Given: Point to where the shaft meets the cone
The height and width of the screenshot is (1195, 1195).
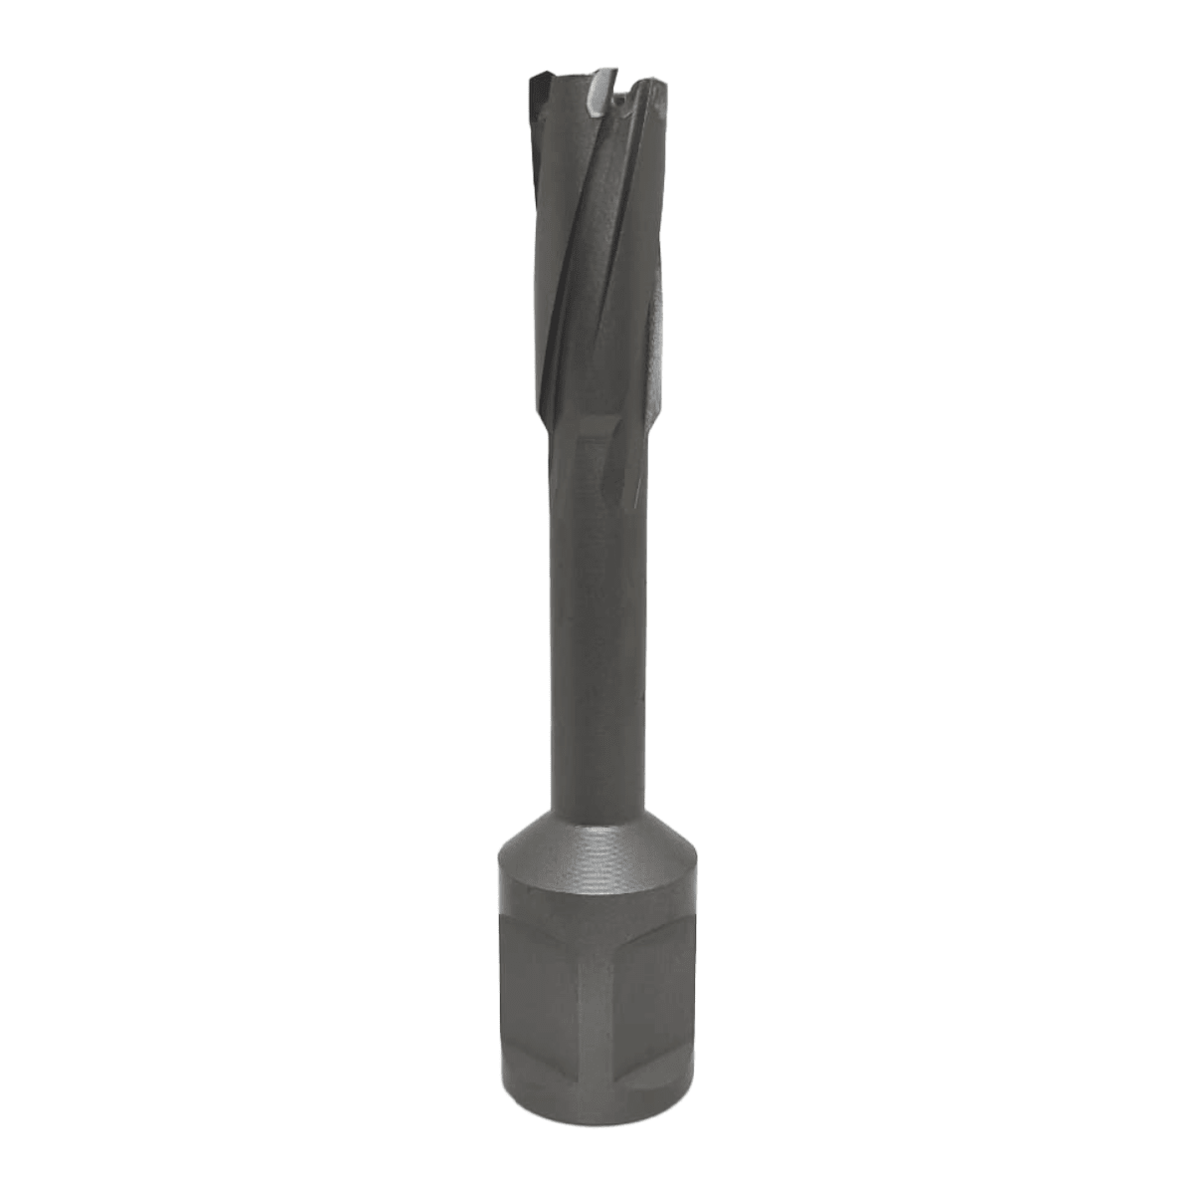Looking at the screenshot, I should click(x=596, y=812).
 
